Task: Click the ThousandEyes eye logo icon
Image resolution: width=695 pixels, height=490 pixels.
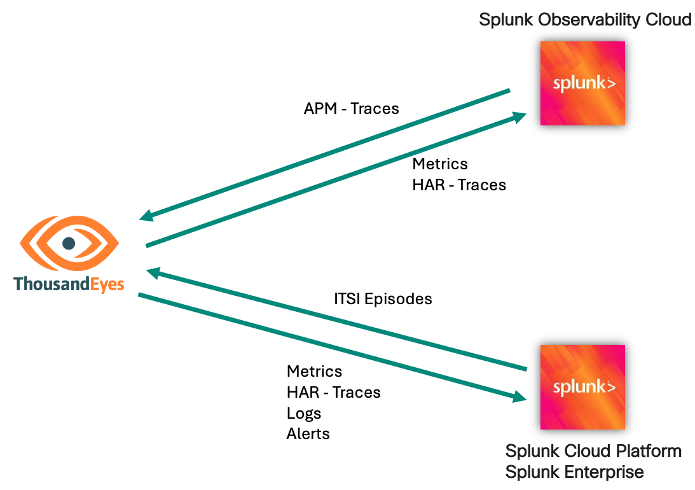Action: (x=69, y=244)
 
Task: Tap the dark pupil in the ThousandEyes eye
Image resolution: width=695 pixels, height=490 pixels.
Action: (x=69, y=243)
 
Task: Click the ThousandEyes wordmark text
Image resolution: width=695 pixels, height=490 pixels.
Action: (x=69, y=284)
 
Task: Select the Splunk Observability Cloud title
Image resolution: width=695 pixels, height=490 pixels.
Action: (x=585, y=20)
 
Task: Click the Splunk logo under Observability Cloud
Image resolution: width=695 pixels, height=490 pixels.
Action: (x=582, y=83)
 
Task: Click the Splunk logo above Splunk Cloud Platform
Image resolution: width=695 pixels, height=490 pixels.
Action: (x=582, y=387)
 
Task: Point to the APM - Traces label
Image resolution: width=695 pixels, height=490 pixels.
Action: (x=352, y=109)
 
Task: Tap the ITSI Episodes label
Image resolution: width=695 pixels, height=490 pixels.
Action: (x=383, y=298)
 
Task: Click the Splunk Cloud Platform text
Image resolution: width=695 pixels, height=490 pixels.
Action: (x=593, y=451)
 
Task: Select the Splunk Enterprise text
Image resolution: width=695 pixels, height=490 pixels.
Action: (x=574, y=472)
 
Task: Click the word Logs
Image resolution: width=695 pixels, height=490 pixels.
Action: (x=304, y=413)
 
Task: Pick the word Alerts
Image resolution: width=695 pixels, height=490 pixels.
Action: (x=308, y=434)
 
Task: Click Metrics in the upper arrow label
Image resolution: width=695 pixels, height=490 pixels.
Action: (x=440, y=164)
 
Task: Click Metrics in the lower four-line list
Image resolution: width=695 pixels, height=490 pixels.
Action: (x=314, y=371)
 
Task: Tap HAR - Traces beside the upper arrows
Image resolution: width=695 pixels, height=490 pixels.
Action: (x=459, y=185)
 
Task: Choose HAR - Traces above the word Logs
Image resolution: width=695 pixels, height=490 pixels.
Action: (x=334, y=392)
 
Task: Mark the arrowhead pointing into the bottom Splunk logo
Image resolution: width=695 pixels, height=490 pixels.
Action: (x=520, y=398)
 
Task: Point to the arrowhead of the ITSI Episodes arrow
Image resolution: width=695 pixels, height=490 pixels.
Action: (x=154, y=272)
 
